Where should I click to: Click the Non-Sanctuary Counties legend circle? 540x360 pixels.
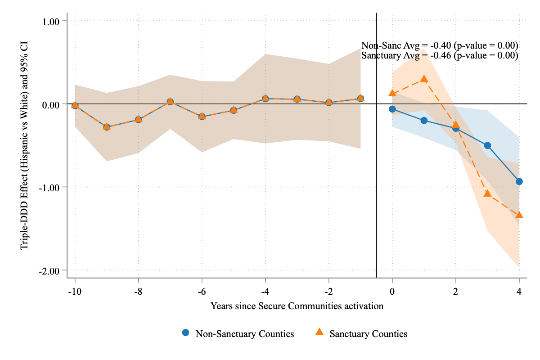185,333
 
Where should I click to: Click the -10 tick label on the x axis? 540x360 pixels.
75,291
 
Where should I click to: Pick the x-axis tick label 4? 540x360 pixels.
519,291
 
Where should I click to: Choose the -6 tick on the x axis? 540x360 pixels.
202,291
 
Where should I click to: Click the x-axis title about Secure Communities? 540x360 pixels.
297,306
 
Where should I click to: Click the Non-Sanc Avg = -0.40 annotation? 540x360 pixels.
440,46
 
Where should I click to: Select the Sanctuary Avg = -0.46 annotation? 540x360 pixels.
440,56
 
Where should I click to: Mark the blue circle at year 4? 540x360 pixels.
519,181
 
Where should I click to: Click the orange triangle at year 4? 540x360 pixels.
519,215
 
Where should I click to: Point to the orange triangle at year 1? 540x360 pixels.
424,79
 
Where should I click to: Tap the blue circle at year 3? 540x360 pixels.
487,145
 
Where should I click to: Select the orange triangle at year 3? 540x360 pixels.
487,193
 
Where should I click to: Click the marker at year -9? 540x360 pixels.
107,127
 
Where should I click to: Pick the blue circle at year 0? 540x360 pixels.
392,109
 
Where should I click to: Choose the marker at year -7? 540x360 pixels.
170,102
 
